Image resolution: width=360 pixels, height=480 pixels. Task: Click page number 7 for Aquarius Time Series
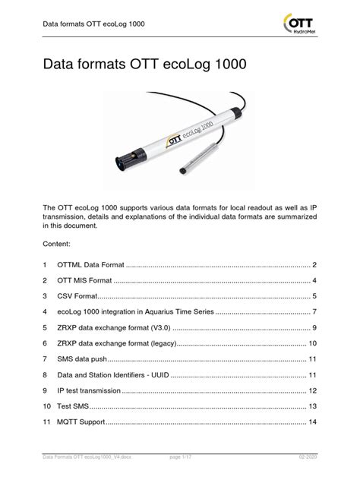[x=313, y=312]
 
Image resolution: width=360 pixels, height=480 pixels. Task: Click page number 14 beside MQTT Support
[x=311, y=422]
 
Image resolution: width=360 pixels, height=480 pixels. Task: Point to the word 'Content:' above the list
[x=58, y=245]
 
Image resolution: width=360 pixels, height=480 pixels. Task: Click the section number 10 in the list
[x=47, y=406]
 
